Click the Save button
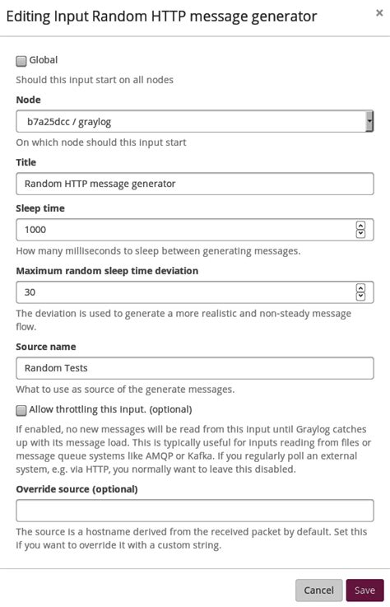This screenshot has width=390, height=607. pyautogui.click(x=364, y=590)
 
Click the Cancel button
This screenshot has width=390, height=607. pyautogui.click(x=318, y=590)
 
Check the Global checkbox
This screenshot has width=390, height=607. pyautogui.click(x=21, y=61)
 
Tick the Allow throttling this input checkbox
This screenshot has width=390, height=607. pyautogui.click(x=21, y=410)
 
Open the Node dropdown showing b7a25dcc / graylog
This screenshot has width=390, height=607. pyautogui.click(x=194, y=121)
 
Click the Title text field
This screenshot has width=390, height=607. pyautogui.click(x=194, y=184)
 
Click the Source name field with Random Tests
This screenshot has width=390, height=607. pyautogui.click(x=194, y=368)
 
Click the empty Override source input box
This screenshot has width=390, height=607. pyautogui.click(x=194, y=511)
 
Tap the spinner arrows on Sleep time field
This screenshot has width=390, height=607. pyautogui.click(x=360, y=230)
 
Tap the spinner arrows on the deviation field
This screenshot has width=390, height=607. pyautogui.click(x=360, y=292)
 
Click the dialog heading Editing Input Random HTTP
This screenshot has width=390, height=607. pyautogui.click(x=162, y=16)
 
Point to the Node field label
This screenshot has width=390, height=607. pyautogui.click(x=28, y=100)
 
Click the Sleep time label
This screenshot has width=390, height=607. pyautogui.click(x=39, y=208)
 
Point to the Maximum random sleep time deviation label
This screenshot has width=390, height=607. pyautogui.click(x=107, y=271)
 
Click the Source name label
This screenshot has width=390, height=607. pyautogui.click(x=45, y=347)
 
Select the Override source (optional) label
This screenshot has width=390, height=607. pyautogui.click(x=77, y=488)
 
